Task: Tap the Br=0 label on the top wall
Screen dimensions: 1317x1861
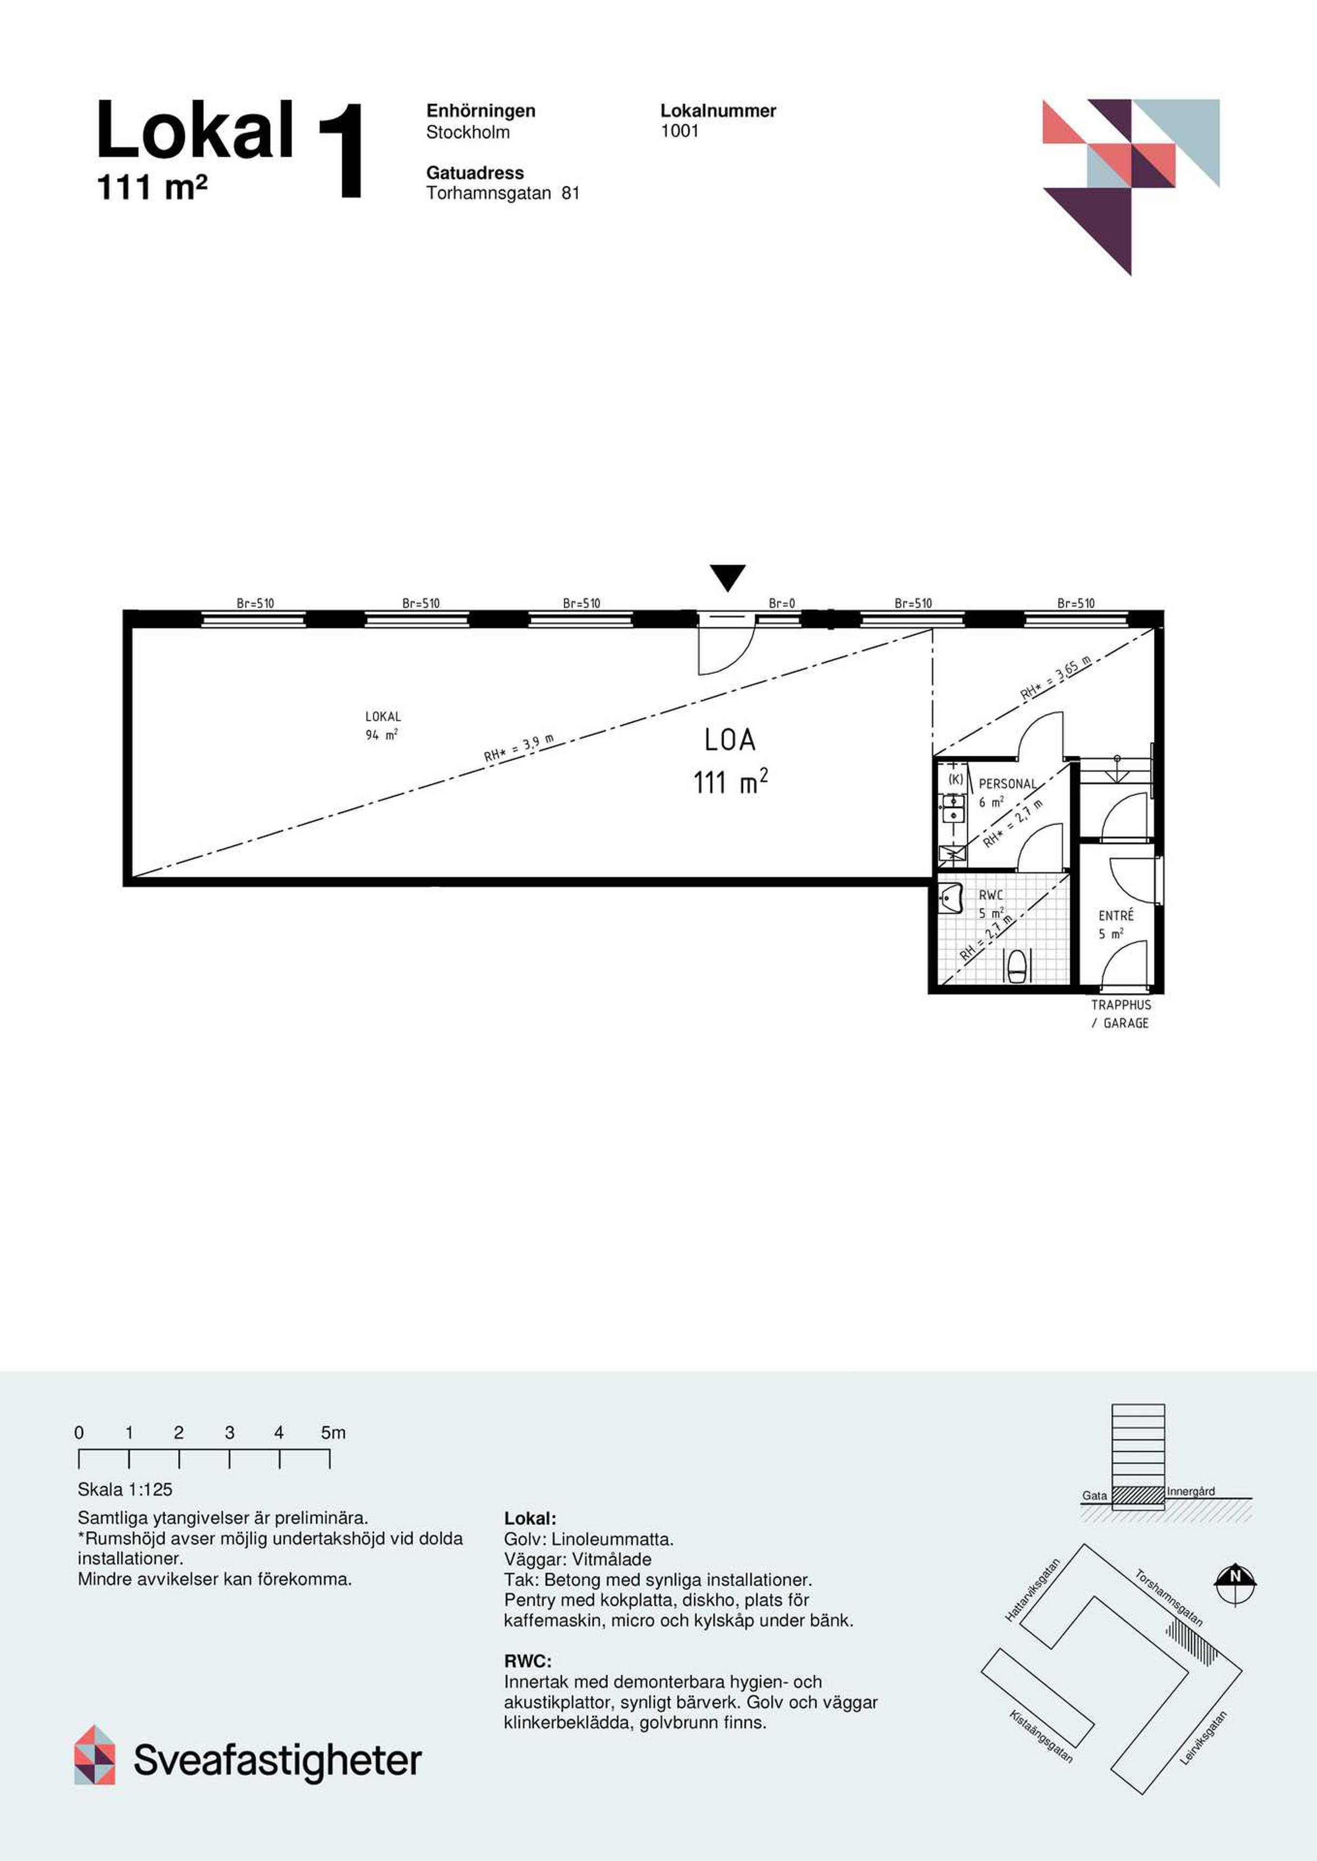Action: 782,604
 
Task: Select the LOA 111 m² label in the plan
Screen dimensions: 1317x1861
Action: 730,761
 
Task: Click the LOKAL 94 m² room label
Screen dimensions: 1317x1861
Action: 383,725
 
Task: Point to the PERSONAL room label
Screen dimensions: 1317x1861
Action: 1007,784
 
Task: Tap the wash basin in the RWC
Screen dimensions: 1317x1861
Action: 951,897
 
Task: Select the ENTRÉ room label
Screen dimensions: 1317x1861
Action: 1116,916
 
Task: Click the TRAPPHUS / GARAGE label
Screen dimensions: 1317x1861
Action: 1121,1014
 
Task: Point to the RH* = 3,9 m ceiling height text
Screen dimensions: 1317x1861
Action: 519,748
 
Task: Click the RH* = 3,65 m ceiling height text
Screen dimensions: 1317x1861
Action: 1056,678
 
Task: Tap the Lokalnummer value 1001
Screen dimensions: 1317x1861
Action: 680,131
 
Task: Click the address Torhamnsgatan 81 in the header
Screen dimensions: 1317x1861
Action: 503,193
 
